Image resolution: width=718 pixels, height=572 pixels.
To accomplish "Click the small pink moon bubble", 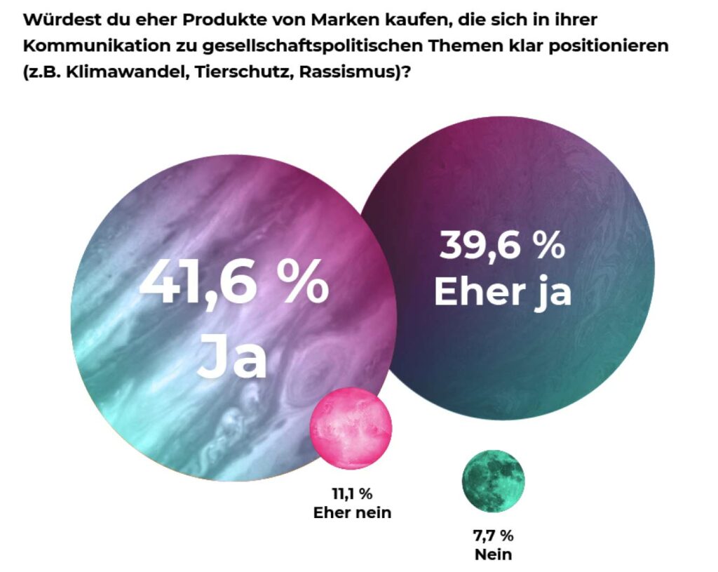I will (x=351, y=427).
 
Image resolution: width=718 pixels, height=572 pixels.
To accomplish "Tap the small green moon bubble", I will (x=493, y=481).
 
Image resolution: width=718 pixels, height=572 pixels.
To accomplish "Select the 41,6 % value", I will (x=234, y=282).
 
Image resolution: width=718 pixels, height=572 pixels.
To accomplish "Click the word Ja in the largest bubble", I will (x=233, y=358).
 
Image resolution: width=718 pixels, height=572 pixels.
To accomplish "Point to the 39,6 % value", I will (x=502, y=246).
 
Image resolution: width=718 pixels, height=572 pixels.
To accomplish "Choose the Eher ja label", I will (x=502, y=291).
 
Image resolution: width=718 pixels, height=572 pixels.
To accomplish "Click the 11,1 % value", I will (x=352, y=493).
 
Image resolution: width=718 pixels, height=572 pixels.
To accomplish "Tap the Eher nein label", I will (x=352, y=512).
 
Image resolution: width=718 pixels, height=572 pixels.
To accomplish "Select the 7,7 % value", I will (x=493, y=536).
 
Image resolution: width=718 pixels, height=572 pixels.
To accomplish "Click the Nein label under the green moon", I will (x=493, y=555).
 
